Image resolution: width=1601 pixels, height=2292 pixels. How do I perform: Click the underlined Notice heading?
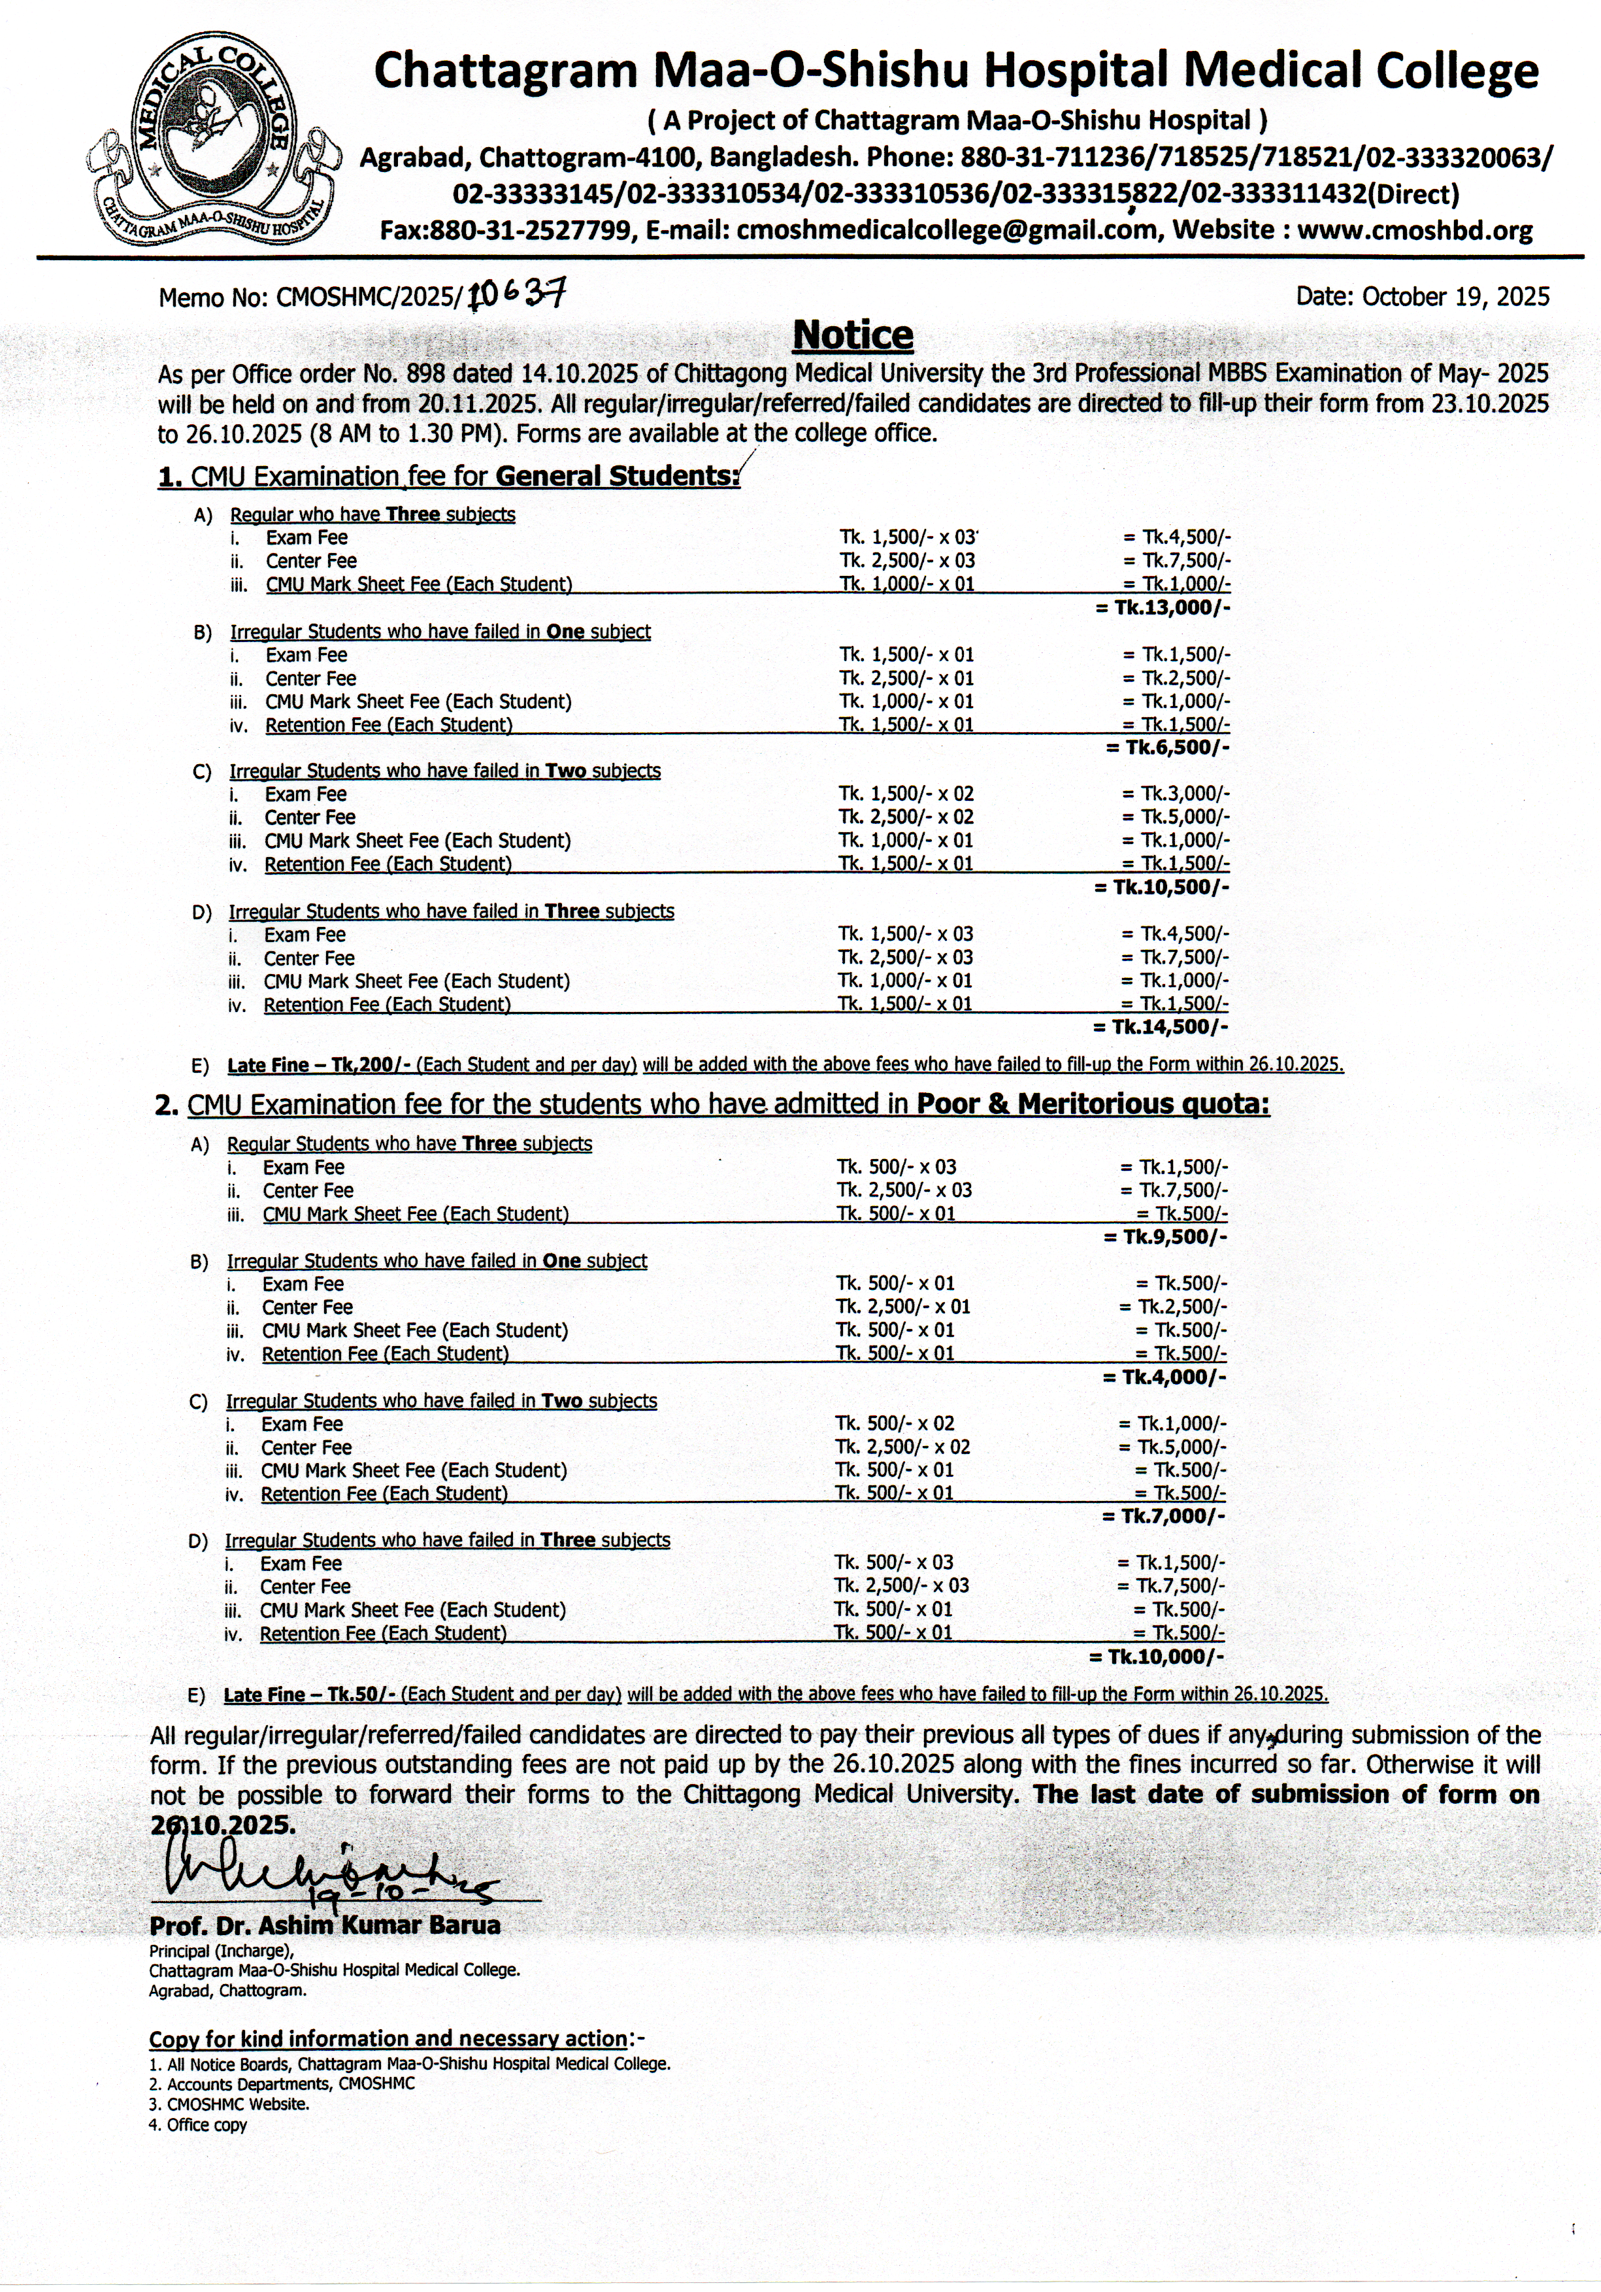(852, 335)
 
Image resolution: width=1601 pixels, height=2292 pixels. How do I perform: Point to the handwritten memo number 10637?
(517, 294)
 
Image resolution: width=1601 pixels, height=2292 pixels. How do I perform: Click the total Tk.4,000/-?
(1164, 1377)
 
